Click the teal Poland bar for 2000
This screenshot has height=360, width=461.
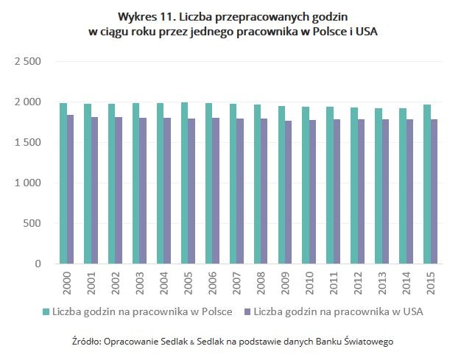(x=63, y=183)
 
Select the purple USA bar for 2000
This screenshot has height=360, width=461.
(x=71, y=189)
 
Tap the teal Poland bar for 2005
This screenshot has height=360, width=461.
(x=184, y=183)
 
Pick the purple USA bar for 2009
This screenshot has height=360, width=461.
(x=289, y=192)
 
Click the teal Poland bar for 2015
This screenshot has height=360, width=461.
(x=427, y=184)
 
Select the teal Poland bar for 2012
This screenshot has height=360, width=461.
(x=354, y=186)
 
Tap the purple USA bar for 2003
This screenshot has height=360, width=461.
(x=144, y=191)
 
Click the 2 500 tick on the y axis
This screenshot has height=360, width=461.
(x=27, y=62)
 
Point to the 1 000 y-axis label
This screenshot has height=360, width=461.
(x=27, y=183)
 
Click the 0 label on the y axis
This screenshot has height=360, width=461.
(x=38, y=264)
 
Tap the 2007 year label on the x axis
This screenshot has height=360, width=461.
(x=236, y=281)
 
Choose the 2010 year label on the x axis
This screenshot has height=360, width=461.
(x=309, y=281)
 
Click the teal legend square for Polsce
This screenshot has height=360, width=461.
(x=46, y=312)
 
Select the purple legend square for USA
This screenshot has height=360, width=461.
(x=247, y=312)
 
